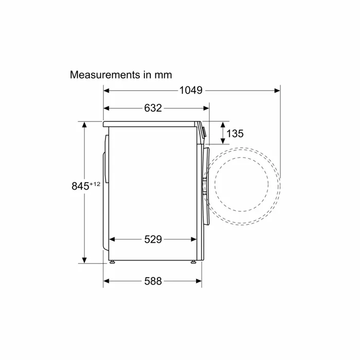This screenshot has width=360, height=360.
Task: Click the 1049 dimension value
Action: pos(191,90)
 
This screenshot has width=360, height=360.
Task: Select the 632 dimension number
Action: pos(153,108)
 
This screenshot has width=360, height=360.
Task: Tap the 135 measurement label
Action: pos(235,133)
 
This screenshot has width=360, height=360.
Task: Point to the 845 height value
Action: pos(80,186)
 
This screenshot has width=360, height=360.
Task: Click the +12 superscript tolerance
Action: pos(95,184)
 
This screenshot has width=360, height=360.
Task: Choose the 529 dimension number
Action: pos(153,240)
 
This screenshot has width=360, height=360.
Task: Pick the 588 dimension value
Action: pos(153,281)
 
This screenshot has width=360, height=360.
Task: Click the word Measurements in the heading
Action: pos(105,75)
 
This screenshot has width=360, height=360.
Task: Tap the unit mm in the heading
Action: pos(163,76)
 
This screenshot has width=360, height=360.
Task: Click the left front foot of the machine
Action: pos(112,262)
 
